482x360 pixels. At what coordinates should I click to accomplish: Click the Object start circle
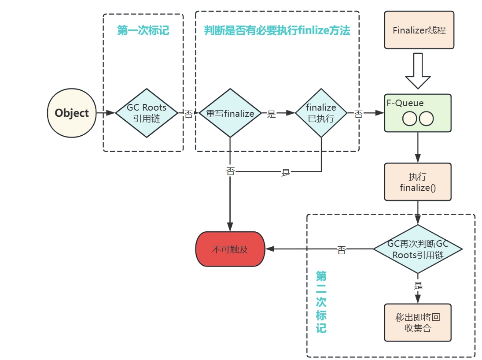(x=71, y=113)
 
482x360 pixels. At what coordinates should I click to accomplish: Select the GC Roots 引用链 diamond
(x=147, y=113)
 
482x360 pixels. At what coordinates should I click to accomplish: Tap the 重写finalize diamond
(x=230, y=113)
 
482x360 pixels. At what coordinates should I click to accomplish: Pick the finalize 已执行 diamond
(x=321, y=113)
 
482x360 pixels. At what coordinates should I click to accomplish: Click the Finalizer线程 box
(x=419, y=30)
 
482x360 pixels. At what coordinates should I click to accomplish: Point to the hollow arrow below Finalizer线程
(x=418, y=71)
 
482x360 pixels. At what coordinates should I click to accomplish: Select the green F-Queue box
(x=418, y=113)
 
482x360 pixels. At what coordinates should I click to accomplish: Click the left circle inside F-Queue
(x=410, y=119)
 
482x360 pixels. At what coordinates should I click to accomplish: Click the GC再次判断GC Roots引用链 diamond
(x=418, y=249)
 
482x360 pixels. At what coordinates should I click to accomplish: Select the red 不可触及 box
(x=230, y=249)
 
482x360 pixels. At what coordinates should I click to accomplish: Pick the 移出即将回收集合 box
(x=418, y=323)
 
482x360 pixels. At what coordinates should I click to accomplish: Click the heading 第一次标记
(x=143, y=30)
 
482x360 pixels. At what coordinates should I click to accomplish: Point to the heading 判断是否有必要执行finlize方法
(x=277, y=30)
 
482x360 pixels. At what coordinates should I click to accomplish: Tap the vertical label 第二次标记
(x=321, y=302)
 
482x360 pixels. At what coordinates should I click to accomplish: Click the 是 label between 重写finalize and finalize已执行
(x=272, y=114)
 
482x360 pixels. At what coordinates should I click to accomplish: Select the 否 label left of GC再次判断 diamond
(x=341, y=250)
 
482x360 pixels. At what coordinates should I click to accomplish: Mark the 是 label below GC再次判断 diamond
(x=418, y=286)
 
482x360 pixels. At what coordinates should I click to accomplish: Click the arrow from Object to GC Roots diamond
(x=105, y=113)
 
